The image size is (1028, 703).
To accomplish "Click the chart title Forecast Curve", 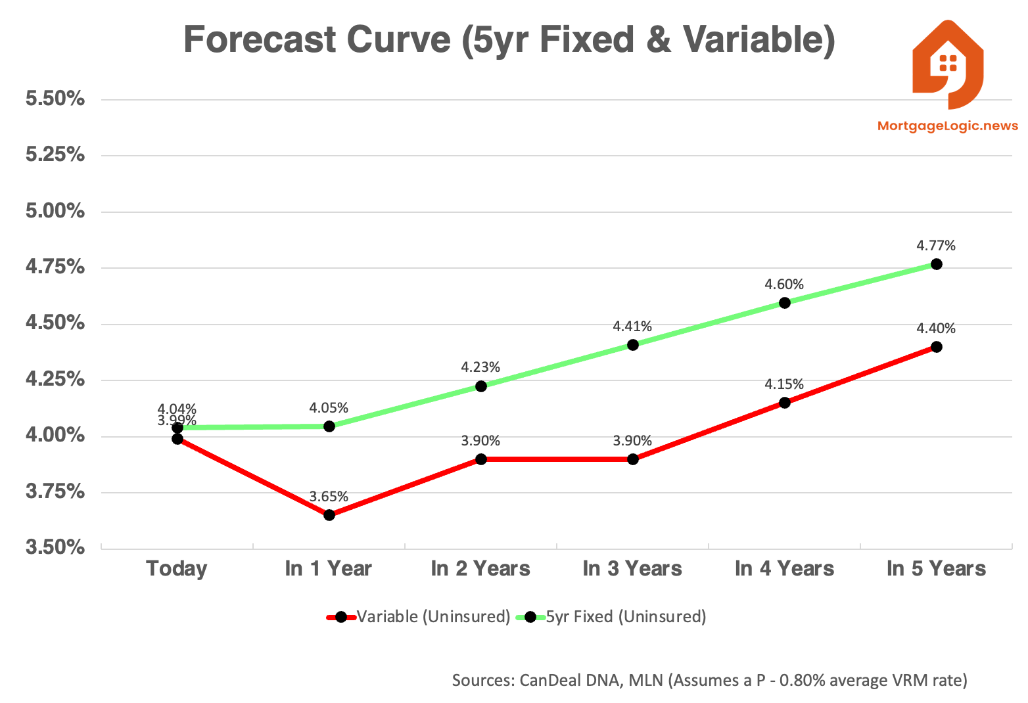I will click(509, 39).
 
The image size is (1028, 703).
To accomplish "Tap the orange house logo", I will click(947, 64).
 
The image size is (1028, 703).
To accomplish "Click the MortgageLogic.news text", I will click(947, 126).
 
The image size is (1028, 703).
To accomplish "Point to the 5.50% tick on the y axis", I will click(55, 99).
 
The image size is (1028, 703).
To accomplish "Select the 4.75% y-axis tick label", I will click(55, 267).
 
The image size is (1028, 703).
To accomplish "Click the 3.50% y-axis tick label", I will click(55, 547).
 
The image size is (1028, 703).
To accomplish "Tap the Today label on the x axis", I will click(177, 568).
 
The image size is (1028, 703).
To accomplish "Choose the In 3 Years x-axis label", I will click(632, 568).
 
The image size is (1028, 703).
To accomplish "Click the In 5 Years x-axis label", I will click(936, 568).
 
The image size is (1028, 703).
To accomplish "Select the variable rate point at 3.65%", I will click(329, 515).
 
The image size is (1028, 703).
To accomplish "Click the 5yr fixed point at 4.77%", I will click(937, 264).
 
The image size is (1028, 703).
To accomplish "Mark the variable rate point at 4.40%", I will click(937, 347).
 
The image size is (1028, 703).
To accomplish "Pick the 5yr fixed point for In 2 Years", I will click(481, 386).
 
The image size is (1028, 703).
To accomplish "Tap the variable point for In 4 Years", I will click(785, 403).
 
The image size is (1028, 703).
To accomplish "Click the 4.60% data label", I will click(784, 284).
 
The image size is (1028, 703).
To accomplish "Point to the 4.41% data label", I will click(632, 327).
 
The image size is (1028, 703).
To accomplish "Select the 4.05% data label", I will click(329, 408).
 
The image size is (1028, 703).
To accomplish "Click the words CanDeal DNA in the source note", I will click(571, 680).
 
